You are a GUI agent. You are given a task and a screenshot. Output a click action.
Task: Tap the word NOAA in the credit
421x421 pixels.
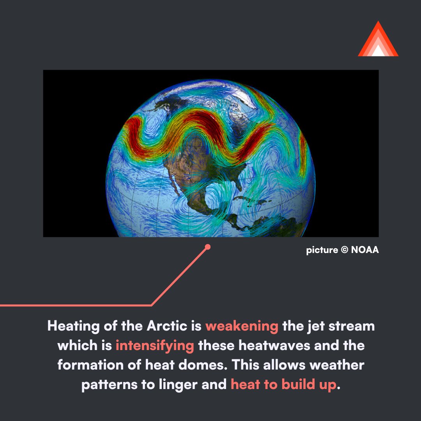coord(365,250)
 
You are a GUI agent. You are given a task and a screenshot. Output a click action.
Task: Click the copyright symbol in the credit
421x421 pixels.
coord(344,250)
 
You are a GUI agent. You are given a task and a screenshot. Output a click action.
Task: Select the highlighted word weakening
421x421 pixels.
coord(242,326)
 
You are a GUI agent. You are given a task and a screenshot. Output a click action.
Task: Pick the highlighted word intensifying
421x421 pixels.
coord(155,345)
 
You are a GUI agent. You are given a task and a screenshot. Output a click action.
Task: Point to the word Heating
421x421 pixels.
coord(73,326)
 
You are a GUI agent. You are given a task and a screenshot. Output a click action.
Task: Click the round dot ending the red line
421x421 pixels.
coord(208,247)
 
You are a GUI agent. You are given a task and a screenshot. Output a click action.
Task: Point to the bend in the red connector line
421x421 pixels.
coord(152,305)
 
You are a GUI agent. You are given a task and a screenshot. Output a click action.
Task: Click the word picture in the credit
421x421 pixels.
coord(322,250)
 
